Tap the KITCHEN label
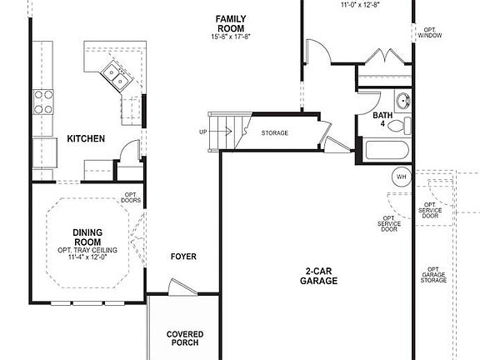[86, 138]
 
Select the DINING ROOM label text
[87, 237]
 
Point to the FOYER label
[183, 257]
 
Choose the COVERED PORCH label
[184, 338]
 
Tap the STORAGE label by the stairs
[274, 132]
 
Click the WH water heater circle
[401, 177]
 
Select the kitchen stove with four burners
[42, 102]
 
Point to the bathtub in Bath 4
[387, 152]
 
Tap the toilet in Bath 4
[405, 126]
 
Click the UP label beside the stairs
[203, 132]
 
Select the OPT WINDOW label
[430, 32]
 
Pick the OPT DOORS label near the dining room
[131, 197]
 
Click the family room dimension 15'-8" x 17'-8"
[230, 37]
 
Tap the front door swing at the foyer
[177, 286]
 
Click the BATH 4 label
[382, 119]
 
